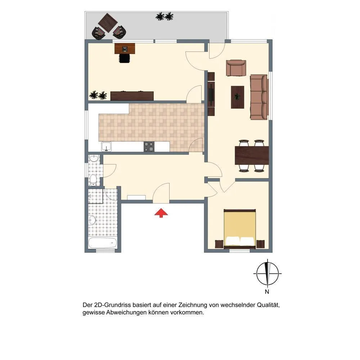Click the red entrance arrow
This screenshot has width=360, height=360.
(x=161, y=213)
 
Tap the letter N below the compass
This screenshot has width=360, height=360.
(x=267, y=292)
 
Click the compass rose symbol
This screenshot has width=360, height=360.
(x=267, y=273)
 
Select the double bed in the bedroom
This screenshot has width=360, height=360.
(x=240, y=229)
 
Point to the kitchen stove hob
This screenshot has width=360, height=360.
(x=149, y=147)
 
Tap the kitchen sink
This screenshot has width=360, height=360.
(x=106, y=147)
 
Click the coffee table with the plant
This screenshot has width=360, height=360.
(x=237, y=97)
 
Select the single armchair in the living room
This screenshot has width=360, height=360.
(x=236, y=68)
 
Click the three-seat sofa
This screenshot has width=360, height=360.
(x=259, y=97)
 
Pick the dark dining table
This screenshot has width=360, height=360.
(x=252, y=156)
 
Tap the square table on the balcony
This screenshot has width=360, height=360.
(x=108, y=23)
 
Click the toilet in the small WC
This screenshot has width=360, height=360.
(x=94, y=180)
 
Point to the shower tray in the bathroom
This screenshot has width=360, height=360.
(x=95, y=196)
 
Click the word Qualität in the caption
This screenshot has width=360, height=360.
(x=268, y=305)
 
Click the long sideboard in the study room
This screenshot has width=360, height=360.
(x=132, y=96)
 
